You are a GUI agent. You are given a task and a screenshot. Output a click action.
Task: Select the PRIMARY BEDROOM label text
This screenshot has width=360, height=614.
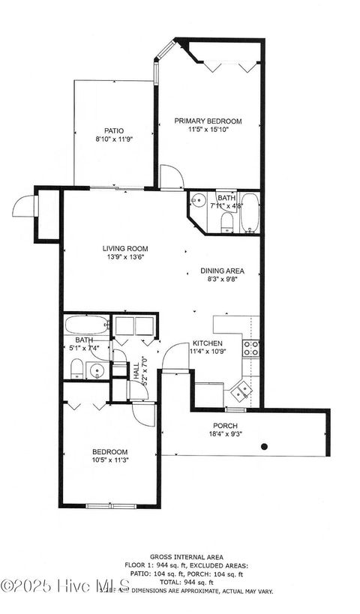(208, 121)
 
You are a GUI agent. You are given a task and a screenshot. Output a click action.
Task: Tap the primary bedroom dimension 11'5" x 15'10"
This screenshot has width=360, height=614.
(208, 130)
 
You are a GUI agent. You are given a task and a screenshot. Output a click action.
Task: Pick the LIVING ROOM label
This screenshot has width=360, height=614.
(125, 248)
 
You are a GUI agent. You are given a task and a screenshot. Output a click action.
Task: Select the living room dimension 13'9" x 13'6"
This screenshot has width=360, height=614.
(125, 257)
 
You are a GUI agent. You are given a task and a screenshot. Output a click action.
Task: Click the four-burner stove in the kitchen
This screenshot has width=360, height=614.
(250, 347)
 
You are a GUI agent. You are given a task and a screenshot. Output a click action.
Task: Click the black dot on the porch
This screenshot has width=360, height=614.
(264, 447)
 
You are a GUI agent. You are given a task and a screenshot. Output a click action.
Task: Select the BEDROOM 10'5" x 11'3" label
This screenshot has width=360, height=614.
(109, 456)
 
